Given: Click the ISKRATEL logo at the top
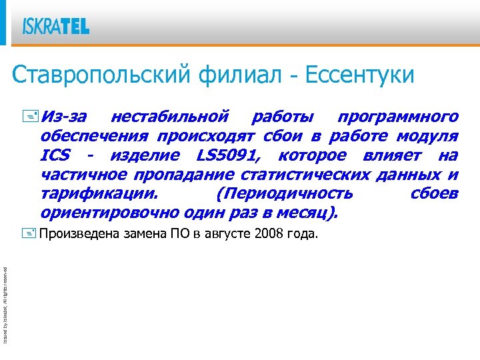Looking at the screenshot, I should click(x=55, y=26).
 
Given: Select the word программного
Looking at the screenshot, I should click(x=398, y=117).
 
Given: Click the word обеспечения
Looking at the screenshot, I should click(x=95, y=137).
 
